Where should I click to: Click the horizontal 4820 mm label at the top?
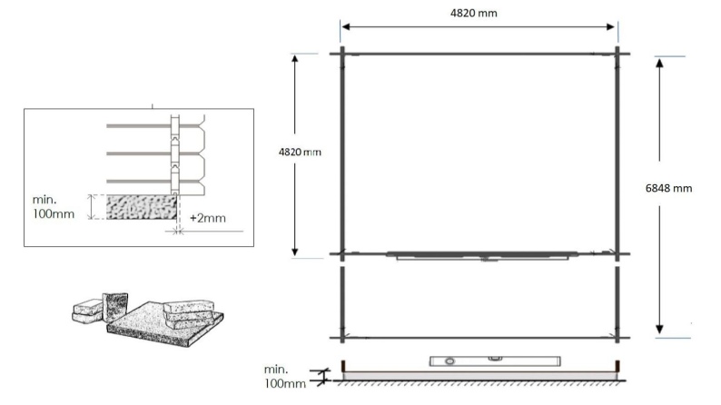point(479,13)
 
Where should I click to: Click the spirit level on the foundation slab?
point(469,361)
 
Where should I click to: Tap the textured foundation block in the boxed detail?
point(141,207)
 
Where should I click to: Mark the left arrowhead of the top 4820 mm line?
point(346,26)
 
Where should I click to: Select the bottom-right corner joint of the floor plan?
point(617,337)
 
